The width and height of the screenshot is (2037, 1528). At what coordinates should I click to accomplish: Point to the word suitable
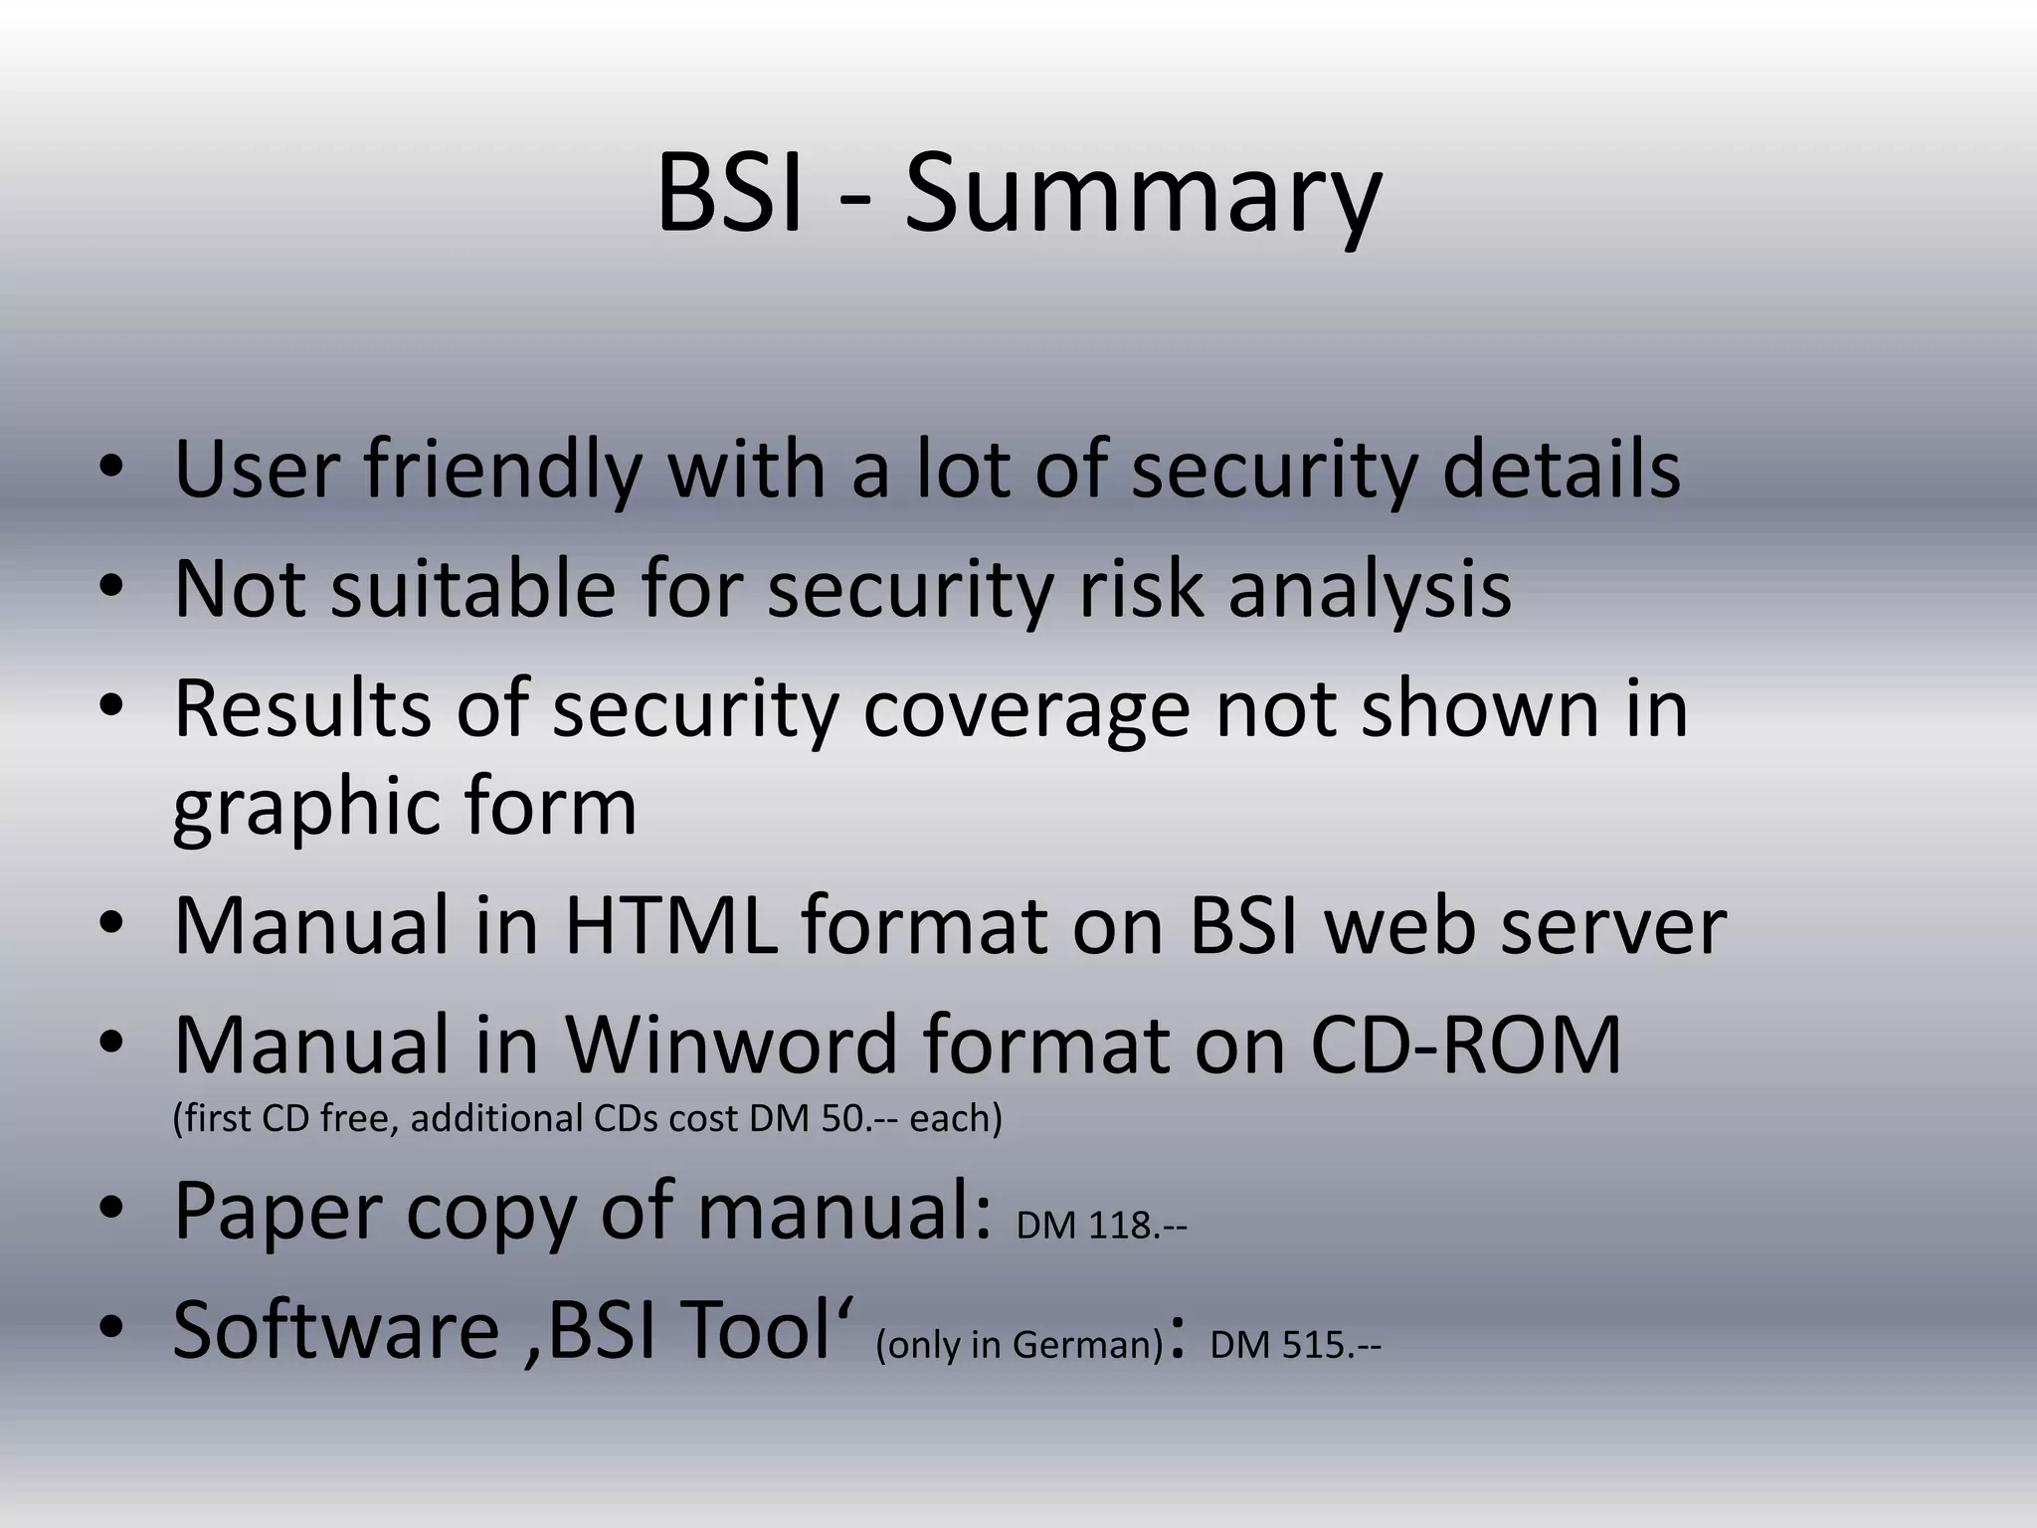(473, 589)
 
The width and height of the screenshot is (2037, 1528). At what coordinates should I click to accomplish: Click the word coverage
(1025, 709)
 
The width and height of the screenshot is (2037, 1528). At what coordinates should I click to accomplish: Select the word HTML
(670, 926)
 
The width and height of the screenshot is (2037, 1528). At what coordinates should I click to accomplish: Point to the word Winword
(732, 1046)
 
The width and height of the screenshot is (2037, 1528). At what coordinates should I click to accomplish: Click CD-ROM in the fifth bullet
(1466, 1046)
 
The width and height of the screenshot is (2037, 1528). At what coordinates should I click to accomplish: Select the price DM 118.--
(1101, 1226)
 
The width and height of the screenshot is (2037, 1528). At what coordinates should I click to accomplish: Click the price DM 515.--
(1295, 1345)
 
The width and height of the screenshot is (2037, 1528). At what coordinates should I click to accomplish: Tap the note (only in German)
(1019, 1345)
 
